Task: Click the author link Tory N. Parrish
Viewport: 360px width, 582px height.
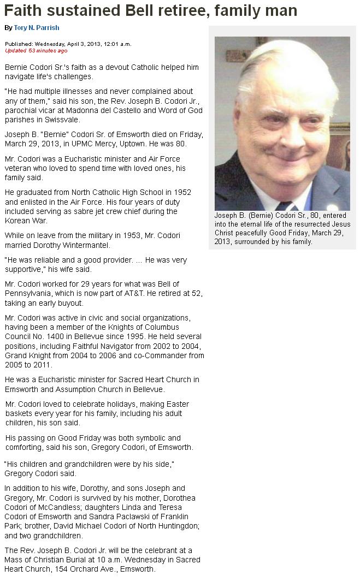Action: (37, 28)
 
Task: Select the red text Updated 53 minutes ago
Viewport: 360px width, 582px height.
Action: (36, 51)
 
